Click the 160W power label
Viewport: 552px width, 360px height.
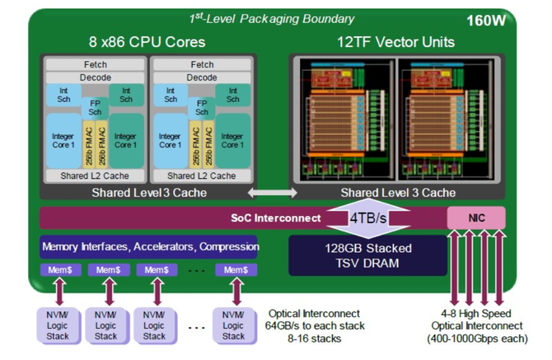click(486, 21)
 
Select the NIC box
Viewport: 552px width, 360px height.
click(475, 218)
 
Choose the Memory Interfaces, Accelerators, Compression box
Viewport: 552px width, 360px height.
click(148, 246)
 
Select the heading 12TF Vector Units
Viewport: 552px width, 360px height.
click(396, 41)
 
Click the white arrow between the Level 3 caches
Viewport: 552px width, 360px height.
click(271, 192)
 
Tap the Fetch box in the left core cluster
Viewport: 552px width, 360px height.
click(96, 64)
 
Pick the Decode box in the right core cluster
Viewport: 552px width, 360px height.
click(202, 77)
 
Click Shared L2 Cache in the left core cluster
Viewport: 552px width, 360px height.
click(96, 175)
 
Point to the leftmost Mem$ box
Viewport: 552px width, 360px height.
click(58, 269)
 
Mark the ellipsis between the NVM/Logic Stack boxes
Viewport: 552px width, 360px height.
click(195, 326)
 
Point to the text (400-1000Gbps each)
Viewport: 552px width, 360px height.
click(477, 338)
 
